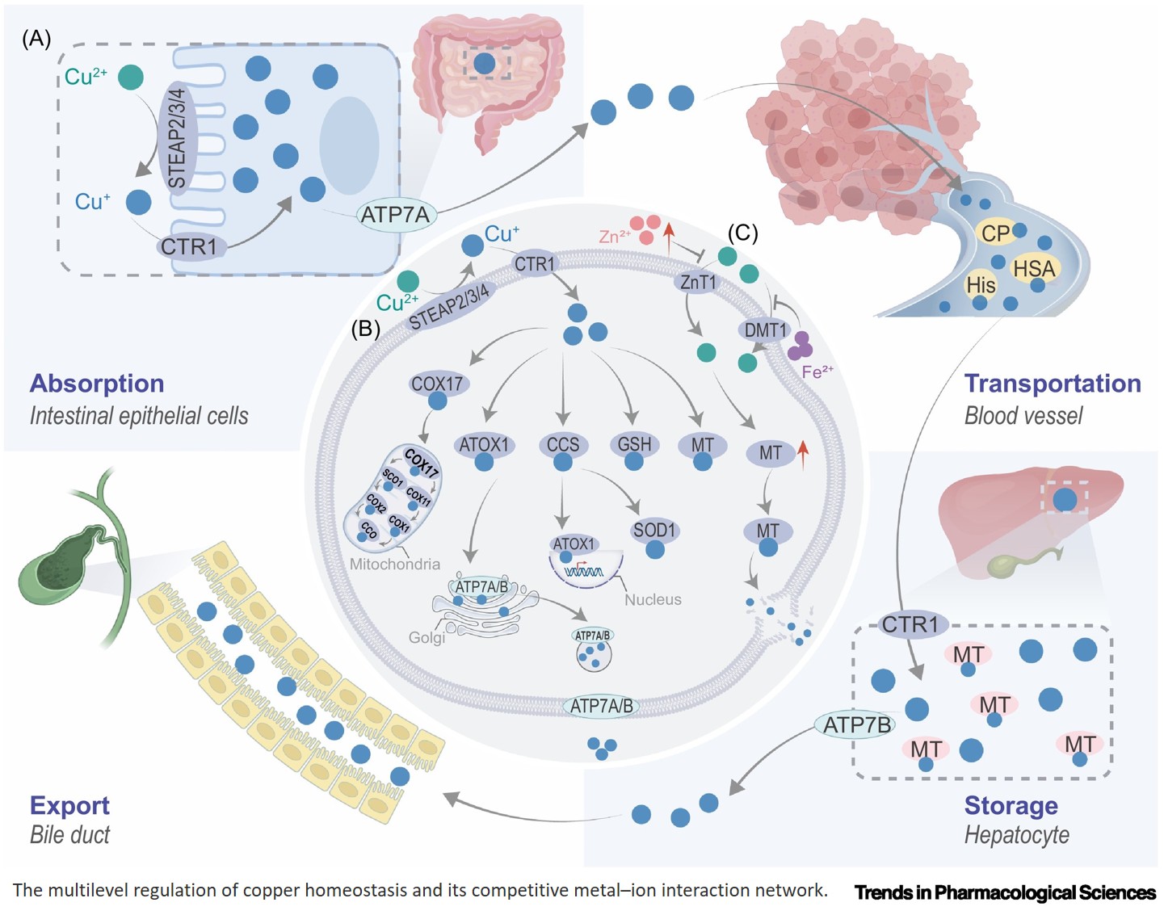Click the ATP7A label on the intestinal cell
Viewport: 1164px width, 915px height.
point(395,215)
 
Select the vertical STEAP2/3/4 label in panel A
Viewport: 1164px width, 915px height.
point(177,137)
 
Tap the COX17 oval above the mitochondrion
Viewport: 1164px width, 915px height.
point(437,384)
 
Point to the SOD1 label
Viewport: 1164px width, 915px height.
point(654,531)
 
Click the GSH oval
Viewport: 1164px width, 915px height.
point(634,444)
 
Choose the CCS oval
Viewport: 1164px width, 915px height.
point(562,445)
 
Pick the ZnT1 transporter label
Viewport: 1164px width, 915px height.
point(698,282)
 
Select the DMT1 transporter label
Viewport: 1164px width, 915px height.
point(764,329)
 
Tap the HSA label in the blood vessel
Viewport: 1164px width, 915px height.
point(1034,268)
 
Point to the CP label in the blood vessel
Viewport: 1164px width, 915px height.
point(995,233)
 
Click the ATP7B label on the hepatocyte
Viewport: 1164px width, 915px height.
point(856,724)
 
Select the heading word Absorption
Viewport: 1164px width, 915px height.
point(97,383)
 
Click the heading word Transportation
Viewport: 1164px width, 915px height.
point(1053,383)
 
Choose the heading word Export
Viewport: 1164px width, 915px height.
point(69,805)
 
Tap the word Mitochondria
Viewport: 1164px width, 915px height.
point(394,564)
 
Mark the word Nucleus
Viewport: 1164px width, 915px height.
point(653,599)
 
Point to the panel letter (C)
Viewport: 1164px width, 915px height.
point(742,233)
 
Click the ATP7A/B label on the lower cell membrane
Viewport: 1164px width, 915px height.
point(601,706)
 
